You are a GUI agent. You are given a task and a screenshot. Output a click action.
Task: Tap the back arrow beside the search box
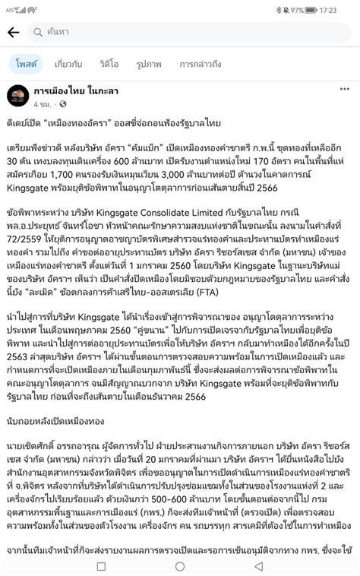(13, 33)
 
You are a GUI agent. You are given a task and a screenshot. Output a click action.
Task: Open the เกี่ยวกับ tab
(69, 64)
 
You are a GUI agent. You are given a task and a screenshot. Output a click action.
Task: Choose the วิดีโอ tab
(109, 64)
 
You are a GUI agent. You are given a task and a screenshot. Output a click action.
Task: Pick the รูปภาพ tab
(149, 64)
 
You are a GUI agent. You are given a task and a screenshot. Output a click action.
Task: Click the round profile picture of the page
(18, 95)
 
